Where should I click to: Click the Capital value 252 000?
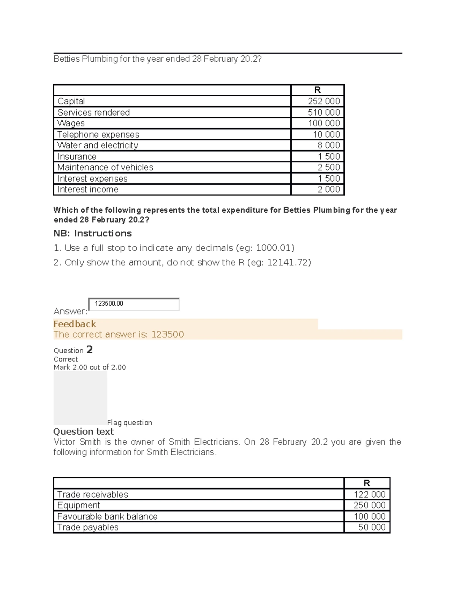[x=324, y=101]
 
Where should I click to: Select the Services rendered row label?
[x=93, y=113]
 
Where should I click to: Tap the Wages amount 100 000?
[x=324, y=123]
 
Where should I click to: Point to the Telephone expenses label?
[x=98, y=135]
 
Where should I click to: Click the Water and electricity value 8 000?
[x=329, y=145]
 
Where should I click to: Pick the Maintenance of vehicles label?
[x=105, y=167]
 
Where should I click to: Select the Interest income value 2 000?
[x=329, y=190]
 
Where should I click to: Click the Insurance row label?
[x=77, y=157]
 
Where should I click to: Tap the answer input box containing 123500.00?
[x=134, y=304]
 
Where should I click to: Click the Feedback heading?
[x=74, y=324]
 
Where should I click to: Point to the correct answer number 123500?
[x=168, y=335]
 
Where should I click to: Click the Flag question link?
[x=130, y=423]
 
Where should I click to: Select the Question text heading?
[x=83, y=432]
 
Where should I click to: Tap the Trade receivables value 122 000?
[x=370, y=494]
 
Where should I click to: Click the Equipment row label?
[x=78, y=505]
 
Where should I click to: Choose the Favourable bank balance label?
[x=107, y=516]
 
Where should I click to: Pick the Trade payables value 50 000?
[x=372, y=527]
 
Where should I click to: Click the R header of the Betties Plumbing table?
[x=317, y=90]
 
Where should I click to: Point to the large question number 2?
[x=89, y=349]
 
